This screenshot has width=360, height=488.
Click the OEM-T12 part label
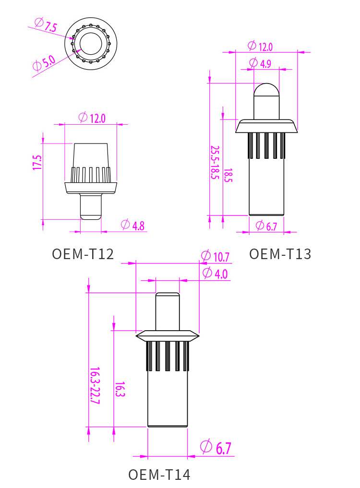[x=83, y=254]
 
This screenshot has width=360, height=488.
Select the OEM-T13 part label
[x=280, y=254]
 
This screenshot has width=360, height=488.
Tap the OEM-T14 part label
[x=159, y=475]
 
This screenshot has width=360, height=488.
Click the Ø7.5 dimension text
[x=46, y=25]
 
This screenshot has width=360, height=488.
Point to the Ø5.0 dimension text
[x=44, y=63]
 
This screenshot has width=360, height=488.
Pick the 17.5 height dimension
[x=37, y=163]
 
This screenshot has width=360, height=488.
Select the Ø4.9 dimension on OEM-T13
[x=260, y=63]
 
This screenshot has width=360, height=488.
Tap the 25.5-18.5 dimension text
[x=215, y=163]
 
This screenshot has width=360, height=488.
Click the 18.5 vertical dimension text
[x=228, y=175]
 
